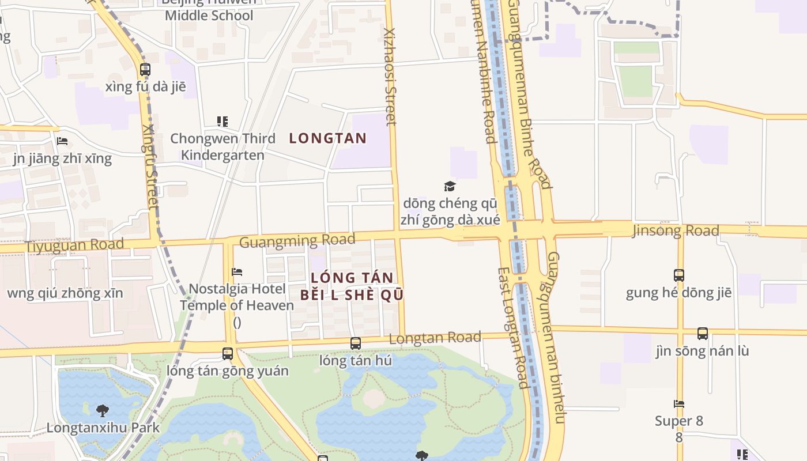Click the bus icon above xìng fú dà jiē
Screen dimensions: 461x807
pos(145,70)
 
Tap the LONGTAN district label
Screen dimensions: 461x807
pos(327,138)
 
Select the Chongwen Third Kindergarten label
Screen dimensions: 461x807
pos(223,147)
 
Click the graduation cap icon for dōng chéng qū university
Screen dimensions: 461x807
pos(450,186)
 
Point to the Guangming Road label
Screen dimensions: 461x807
pos(297,240)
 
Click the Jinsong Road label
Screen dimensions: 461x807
pos(676,231)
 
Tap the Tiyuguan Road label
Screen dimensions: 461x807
pos(74,245)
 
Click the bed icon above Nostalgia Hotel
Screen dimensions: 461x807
pos(237,272)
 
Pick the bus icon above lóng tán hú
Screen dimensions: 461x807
pos(356,343)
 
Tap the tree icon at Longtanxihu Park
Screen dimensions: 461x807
pos(103,411)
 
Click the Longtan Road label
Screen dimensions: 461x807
pos(435,338)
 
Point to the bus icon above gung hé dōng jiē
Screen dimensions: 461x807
pos(679,275)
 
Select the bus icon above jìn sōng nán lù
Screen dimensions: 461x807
pos(702,334)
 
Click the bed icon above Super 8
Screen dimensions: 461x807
pos(679,404)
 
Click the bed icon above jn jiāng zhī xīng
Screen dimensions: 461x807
pos(62,141)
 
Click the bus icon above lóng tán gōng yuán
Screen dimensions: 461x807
pos(228,353)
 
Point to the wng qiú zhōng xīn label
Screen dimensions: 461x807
pos(65,293)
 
